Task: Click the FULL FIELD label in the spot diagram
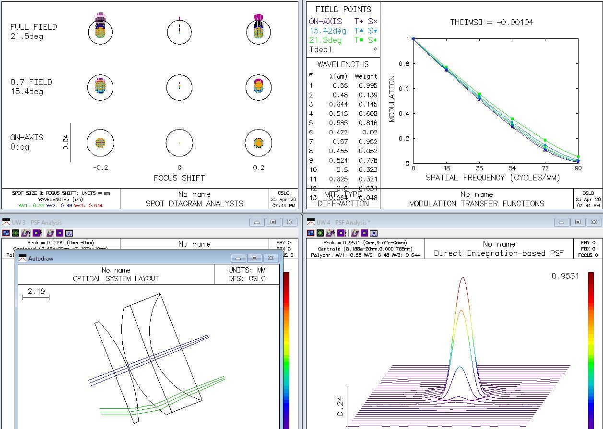point(34,27)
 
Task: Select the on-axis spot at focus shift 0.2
point(259,143)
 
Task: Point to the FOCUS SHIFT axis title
point(179,178)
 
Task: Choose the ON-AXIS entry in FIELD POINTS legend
point(325,21)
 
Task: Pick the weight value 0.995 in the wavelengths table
point(368,85)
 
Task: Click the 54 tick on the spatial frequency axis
point(512,168)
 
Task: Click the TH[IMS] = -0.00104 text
point(492,22)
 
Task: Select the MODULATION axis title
point(392,99)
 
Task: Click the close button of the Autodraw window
point(271,258)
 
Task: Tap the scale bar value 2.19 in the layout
point(36,291)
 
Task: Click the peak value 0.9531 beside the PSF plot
point(565,276)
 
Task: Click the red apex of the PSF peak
point(462,278)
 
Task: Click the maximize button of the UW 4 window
point(578,222)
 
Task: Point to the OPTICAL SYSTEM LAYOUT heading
point(116,278)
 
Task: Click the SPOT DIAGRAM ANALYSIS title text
point(194,203)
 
